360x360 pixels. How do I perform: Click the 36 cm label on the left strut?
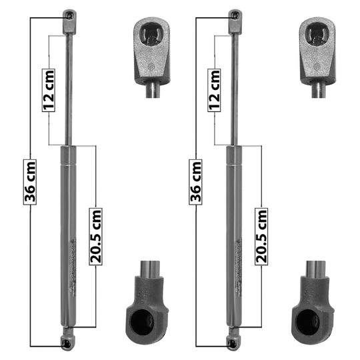click(x=30, y=182)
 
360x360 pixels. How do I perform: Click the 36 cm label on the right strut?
click(x=195, y=182)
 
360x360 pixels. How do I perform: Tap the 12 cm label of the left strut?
click(x=49, y=90)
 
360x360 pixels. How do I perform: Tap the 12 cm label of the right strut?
click(x=214, y=90)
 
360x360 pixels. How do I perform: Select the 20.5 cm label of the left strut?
click(x=96, y=237)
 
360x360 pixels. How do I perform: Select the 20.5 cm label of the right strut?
click(x=261, y=237)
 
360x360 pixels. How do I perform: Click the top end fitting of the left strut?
click(x=69, y=22)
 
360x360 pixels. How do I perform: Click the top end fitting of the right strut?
click(x=235, y=22)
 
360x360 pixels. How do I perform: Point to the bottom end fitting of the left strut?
click(x=68, y=339)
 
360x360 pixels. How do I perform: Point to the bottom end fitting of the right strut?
click(x=233, y=339)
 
